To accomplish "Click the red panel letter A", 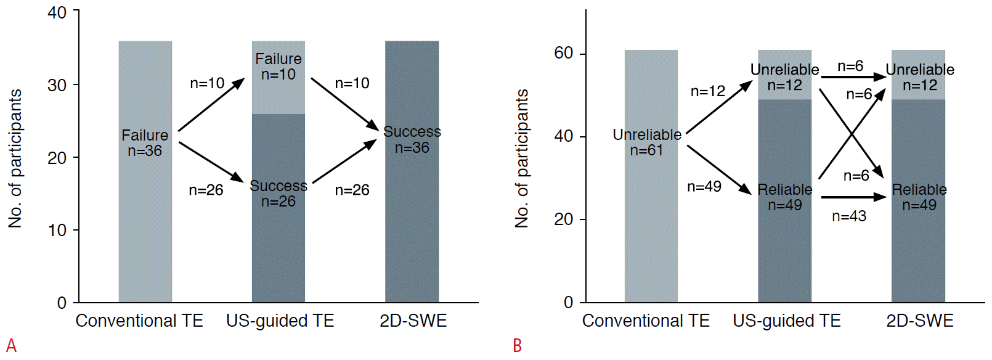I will (10, 345).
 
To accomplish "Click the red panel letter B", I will (517, 346).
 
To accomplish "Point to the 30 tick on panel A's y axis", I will (57, 85).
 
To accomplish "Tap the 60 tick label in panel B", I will (563, 54).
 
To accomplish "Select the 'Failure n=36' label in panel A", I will (145, 143).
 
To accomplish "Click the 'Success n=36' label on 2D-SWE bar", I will (412, 140).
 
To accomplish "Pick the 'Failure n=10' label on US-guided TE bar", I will (278, 67).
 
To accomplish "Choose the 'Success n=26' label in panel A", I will (278, 194).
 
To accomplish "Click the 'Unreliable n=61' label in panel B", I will (647, 142).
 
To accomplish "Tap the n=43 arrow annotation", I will (849, 216).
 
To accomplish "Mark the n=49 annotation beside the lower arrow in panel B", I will (704, 187).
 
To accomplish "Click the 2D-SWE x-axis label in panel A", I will (413, 321).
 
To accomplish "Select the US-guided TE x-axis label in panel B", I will (787, 321).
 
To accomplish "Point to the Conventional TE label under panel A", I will (139, 321).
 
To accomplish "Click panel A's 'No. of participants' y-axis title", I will (15, 158).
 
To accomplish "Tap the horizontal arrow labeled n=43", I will (853, 197).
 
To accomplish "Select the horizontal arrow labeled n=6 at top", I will (853, 77).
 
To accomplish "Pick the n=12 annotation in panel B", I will (708, 91).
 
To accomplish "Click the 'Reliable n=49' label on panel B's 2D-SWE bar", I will (919, 197).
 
